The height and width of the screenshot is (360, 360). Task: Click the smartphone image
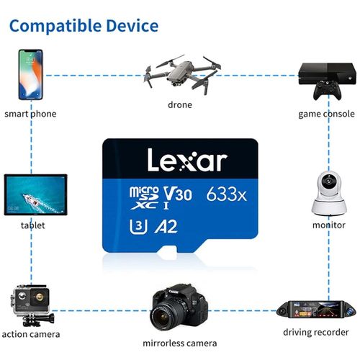click(31, 74)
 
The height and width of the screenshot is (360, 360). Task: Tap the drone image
click(182, 74)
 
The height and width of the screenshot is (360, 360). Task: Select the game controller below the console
click(327, 90)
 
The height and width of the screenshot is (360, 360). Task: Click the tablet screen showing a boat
click(35, 194)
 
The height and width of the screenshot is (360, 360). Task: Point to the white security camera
click(329, 194)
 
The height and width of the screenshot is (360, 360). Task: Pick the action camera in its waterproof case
click(32, 305)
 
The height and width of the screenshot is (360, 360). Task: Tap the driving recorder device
click(316, 310)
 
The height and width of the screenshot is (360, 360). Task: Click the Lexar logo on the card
click(187, 160)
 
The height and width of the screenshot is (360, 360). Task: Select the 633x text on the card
click(226, 194)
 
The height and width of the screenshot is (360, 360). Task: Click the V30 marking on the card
click(178, 194)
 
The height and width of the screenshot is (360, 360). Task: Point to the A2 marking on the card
click(166, 226)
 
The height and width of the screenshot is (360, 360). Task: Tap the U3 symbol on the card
click(138, 227)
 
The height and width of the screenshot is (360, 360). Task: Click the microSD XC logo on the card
click(144, 198)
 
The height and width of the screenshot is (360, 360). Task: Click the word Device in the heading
click(132, 25)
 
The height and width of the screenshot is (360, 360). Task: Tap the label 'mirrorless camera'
click(180, 343)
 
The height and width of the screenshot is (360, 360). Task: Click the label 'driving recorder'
click(316, 333)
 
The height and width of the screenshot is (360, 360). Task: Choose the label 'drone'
click(180, 105)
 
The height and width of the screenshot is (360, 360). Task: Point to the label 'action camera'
click(31, 334)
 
